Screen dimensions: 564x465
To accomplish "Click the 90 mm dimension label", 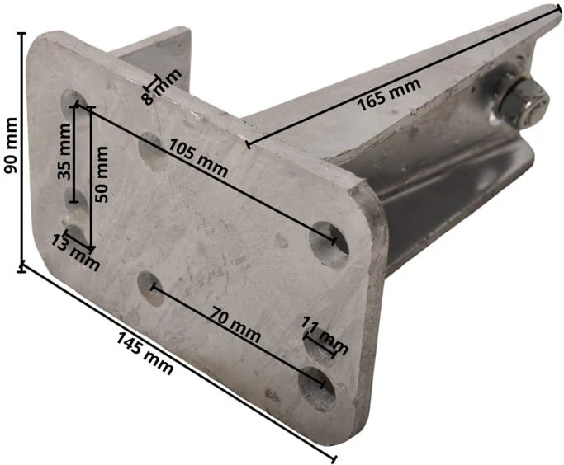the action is (x=10, y=145).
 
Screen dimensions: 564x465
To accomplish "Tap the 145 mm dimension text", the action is (x=145, y=354).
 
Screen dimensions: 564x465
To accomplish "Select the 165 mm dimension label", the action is (x=388, y=94).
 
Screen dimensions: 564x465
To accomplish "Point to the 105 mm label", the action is (x=198, y=158).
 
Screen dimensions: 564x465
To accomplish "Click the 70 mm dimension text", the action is (x=235, y=324).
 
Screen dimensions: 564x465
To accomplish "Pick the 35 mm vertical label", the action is (x=64, y=151).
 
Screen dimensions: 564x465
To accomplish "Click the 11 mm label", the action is (x=325, y=336).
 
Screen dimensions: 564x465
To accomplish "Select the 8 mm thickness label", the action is (x=162, y=87).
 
